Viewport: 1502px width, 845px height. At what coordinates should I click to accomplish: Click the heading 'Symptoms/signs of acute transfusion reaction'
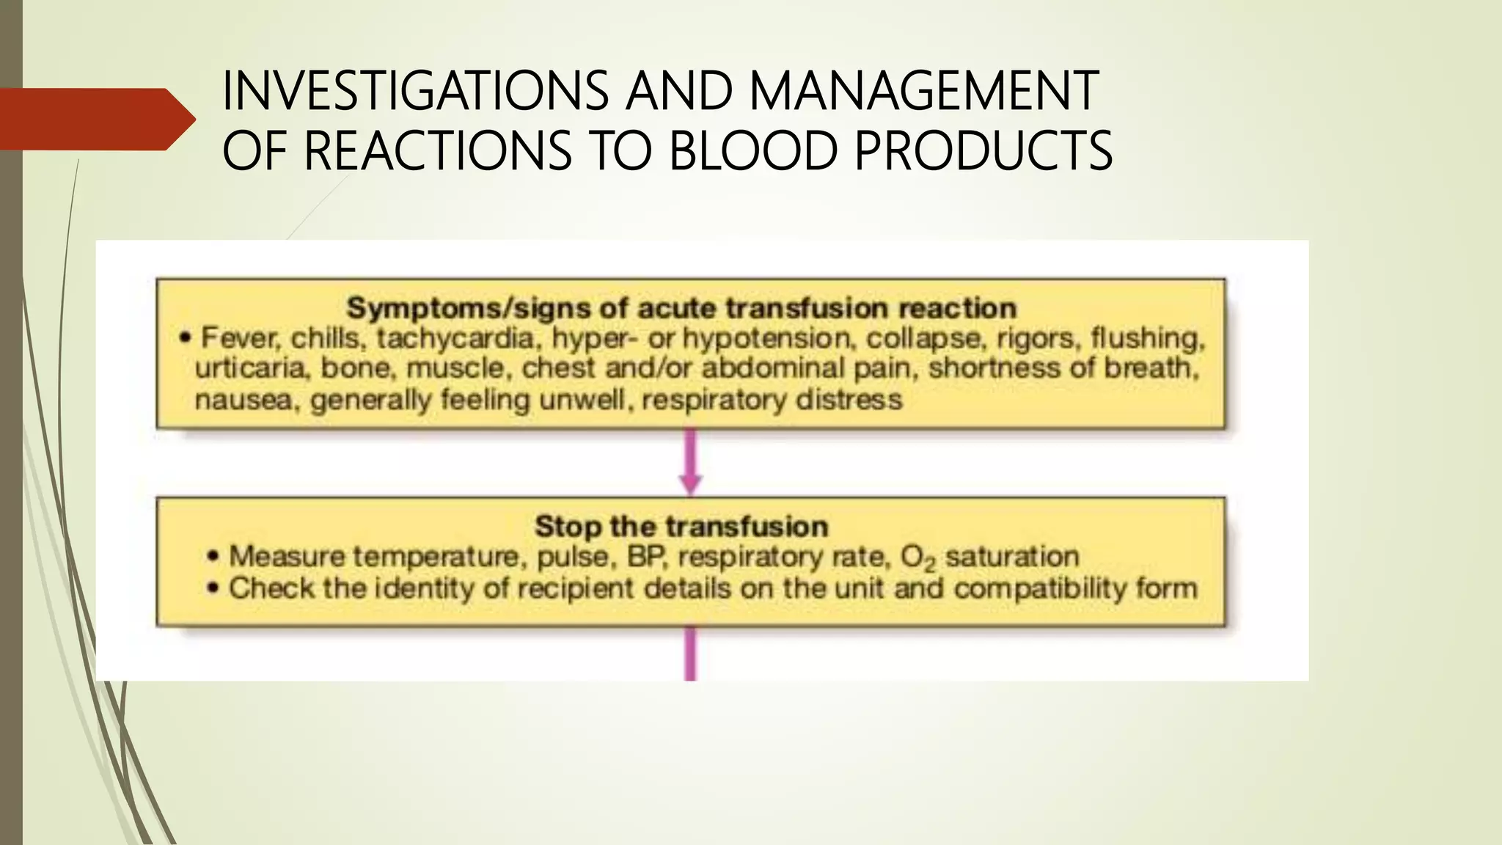[681, 308]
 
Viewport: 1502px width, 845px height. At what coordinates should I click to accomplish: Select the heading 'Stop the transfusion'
[681, 526]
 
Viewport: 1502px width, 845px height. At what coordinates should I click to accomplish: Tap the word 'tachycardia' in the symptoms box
[455, 338]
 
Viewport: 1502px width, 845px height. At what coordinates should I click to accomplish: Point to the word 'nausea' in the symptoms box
[242, 400]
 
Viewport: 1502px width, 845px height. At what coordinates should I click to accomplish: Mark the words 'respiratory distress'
[772, 400]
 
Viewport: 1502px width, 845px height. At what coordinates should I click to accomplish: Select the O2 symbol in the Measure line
[917, 558]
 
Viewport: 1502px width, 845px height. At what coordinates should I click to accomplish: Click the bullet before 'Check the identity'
[213, 588]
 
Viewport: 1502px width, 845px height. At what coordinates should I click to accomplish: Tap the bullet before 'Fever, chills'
[186, 339]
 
